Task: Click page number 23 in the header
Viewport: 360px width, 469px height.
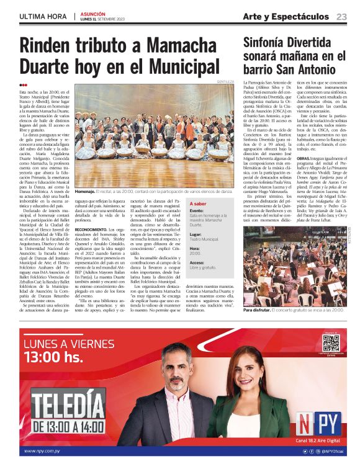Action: [341, 16]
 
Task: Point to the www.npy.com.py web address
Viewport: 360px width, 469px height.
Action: [46, 451]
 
